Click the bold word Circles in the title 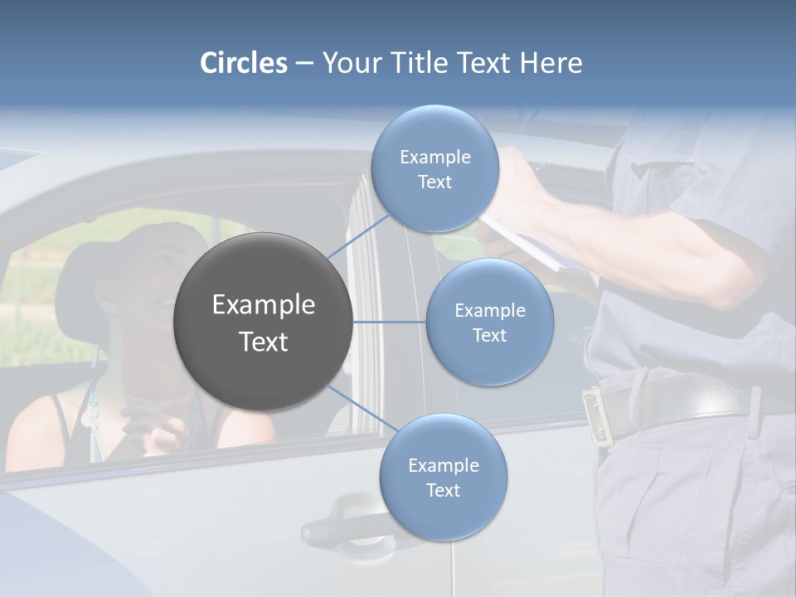(244, 63)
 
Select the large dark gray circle (263, 322)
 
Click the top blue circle (434, 169)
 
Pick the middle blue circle (489, 322)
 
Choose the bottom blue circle (443, 478)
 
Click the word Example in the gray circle (263, 305)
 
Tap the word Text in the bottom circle (443, 490)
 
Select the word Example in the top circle (434, 157)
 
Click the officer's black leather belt (688, 399)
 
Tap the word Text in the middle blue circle (489, 335)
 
